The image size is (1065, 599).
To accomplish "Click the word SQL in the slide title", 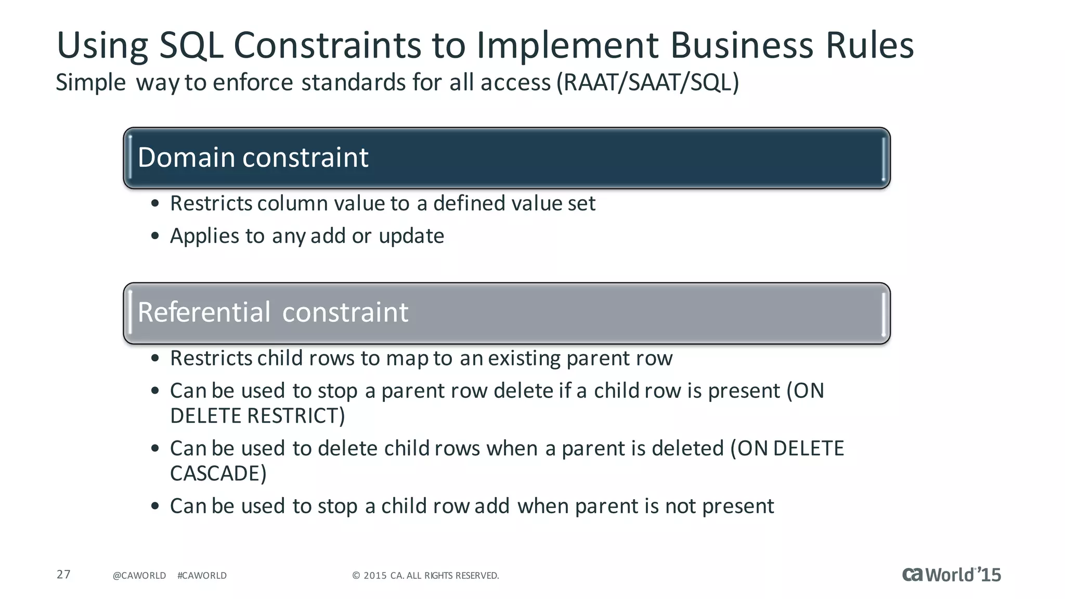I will pos(191,46).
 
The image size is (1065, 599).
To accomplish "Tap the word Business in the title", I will pos(742,46).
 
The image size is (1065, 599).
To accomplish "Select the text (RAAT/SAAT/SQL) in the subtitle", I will pos(647,83).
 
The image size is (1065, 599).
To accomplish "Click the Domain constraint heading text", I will pos(253,158).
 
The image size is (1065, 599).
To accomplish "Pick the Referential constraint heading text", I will pos(272,312).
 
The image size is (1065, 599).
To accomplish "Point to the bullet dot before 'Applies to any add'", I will pos(155,237).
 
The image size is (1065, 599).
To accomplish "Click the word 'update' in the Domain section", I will pos(411,237).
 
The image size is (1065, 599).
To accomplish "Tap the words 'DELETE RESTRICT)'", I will pos(257,416).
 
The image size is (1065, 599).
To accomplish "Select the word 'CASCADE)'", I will pos(218,474).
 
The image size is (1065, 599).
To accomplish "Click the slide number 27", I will pos(63,575).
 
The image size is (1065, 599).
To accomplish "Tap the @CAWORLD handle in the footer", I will pos(139,576).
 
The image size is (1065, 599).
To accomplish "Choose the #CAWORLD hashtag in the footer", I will pos(202,576).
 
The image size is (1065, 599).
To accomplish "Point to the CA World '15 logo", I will pos(951,575).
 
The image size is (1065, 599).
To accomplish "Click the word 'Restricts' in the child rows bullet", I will pos(211,359).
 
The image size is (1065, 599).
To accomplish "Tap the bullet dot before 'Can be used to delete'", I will pos(155,449).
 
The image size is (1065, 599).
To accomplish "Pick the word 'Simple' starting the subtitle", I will pos(90,83).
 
